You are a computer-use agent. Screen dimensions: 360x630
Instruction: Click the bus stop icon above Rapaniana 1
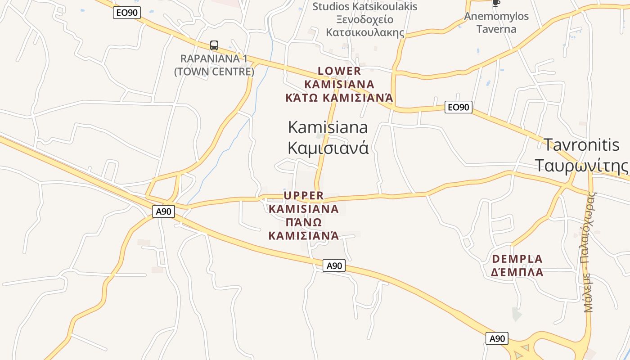214,45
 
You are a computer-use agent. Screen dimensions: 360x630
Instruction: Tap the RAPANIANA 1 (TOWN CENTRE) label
214,65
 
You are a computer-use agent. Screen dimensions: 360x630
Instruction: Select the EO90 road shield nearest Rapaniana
127,13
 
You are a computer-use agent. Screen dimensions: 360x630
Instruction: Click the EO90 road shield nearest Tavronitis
458,107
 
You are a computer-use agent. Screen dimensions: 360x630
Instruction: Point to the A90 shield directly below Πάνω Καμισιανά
334,265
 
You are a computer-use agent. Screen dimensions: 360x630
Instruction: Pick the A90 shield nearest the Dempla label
497,338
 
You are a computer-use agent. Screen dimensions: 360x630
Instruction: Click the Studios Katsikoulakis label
365,7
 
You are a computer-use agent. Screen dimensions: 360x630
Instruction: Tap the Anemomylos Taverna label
496,22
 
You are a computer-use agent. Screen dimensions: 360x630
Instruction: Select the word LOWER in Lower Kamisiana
339,71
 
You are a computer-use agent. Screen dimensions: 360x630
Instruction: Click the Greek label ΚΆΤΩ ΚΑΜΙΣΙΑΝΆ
339,98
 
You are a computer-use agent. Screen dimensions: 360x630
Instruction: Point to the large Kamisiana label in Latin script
328,127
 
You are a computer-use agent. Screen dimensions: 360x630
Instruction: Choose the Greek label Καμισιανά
328,148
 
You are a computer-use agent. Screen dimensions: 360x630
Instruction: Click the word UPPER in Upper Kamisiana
304,195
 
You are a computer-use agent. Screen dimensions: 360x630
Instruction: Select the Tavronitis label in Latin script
581,145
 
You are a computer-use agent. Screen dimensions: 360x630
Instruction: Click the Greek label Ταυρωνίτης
581,165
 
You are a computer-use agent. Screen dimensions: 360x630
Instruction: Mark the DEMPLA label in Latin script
517,259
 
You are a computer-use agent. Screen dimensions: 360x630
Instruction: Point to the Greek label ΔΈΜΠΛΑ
517,273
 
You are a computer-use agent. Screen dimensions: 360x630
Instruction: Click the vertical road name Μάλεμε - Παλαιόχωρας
589,252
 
